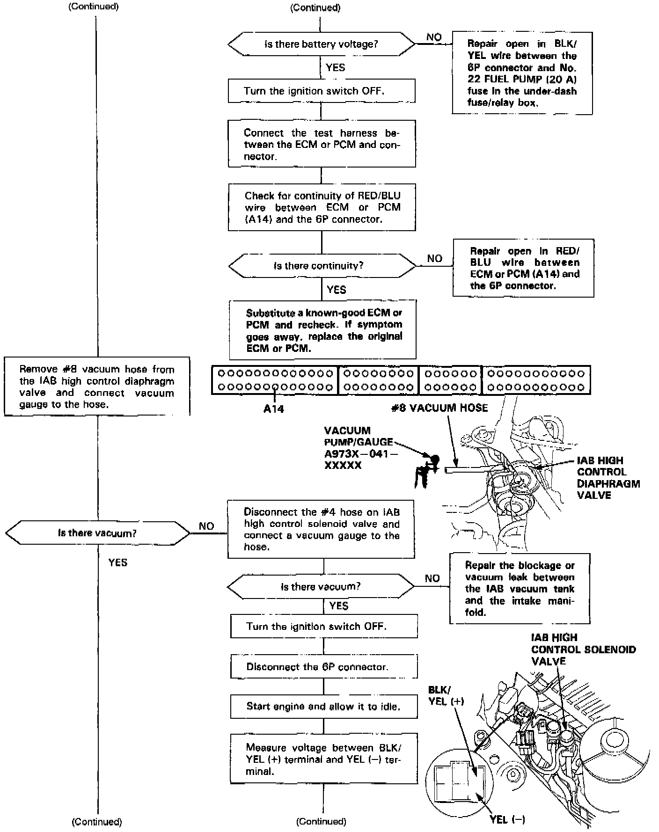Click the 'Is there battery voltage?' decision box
point(321,44)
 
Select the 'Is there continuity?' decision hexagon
point(322,266)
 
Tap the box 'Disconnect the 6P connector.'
point(323,666)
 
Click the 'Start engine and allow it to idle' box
point(323,706)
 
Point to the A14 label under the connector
point(274,409)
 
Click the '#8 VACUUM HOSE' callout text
point(439,408)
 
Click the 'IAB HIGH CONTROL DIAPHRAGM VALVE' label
point(608,477)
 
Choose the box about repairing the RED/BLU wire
point(523,268)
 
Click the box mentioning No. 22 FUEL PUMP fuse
point(522,73)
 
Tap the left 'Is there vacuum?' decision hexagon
point(97,533)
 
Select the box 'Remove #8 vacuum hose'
point(97,387)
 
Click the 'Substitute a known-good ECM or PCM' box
point(322,330)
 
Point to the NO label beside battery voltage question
point(434,37)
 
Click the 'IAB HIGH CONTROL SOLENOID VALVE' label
point(583,649)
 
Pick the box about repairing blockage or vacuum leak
point(520,589)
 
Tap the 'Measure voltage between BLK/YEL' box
point(323,759)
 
